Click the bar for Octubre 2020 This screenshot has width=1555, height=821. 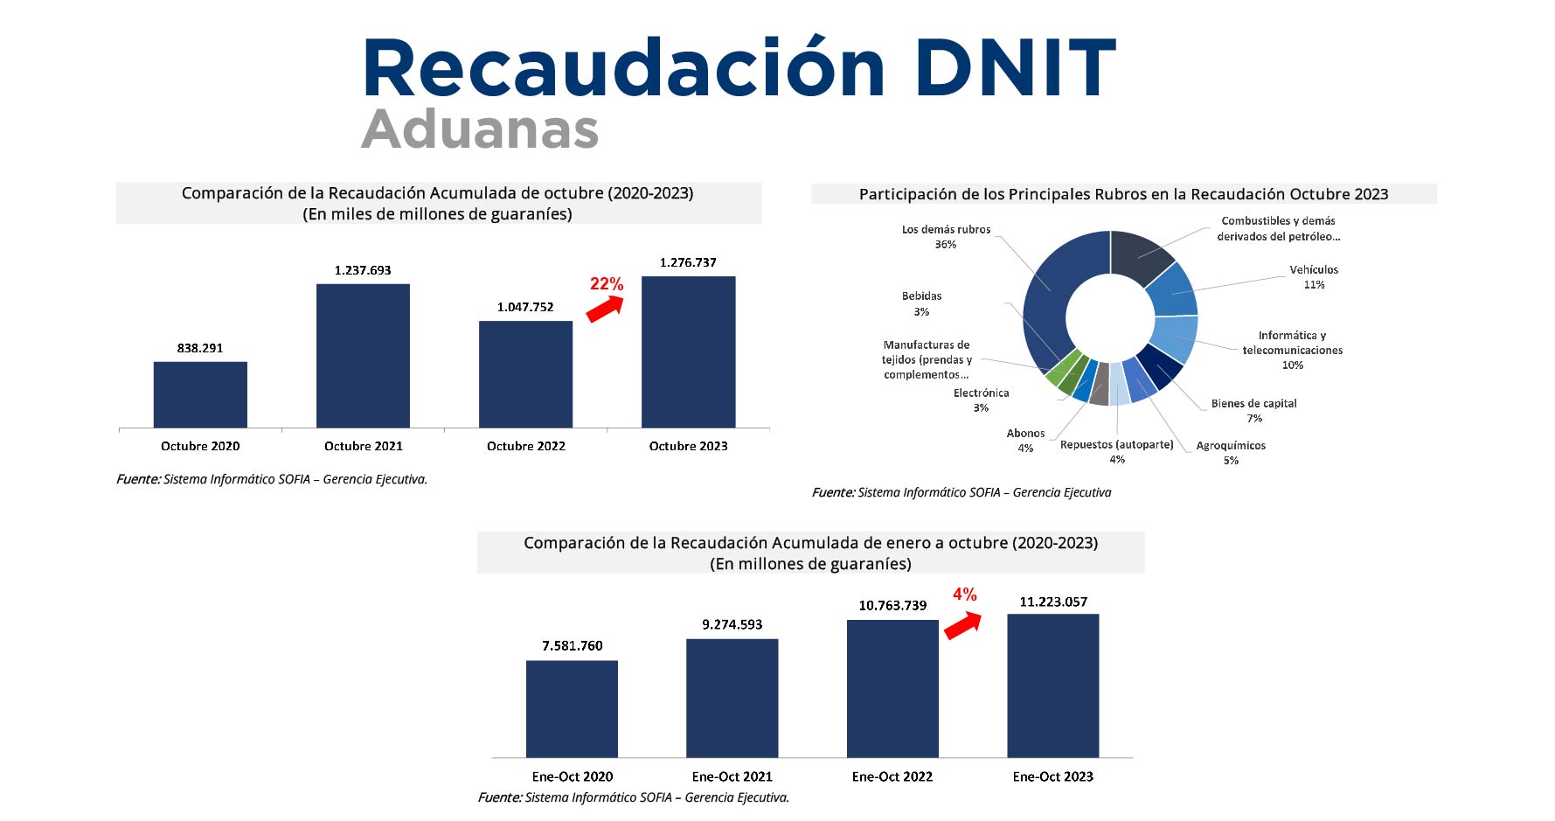coord(200,394)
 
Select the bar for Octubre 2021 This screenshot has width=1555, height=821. coord(363,356)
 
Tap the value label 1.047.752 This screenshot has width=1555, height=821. coord(525,307)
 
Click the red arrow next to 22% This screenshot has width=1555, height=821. coord(605,308)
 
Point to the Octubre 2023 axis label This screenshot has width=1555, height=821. coord(688,446)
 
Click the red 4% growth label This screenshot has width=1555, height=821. coord(964,595)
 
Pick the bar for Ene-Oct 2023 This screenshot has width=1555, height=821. coord(1052,685)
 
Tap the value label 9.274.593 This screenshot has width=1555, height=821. coord(732,624)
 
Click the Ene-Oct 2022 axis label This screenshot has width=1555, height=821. coord(892,776)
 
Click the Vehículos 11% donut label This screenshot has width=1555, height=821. coord(1314,277)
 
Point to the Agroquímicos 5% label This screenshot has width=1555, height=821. coord(1231,453)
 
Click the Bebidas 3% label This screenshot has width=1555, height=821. coord(921,303)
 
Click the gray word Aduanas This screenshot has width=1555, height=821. coord(480,129)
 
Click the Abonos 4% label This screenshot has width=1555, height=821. coord(1025,441)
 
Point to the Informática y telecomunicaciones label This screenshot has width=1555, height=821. coord(1292,350)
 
